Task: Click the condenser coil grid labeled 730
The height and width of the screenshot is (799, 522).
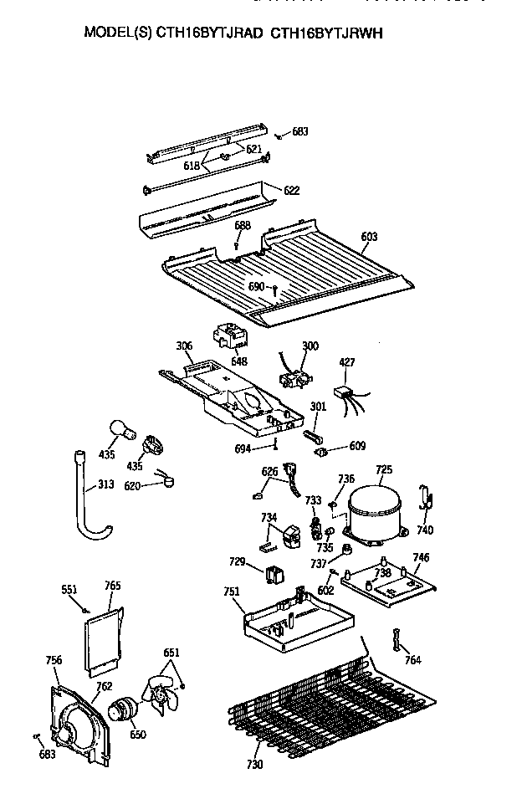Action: pos(326,703)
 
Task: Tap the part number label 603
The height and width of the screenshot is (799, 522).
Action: pos(370,237)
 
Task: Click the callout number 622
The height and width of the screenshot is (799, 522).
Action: pos(291,191)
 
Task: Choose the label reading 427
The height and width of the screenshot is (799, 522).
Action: pos(347,362)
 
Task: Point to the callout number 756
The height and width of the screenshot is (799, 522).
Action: pos(54,660)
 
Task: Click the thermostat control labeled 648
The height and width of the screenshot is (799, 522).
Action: pos(228,337)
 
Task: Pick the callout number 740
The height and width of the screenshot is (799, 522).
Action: pos(425,530)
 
